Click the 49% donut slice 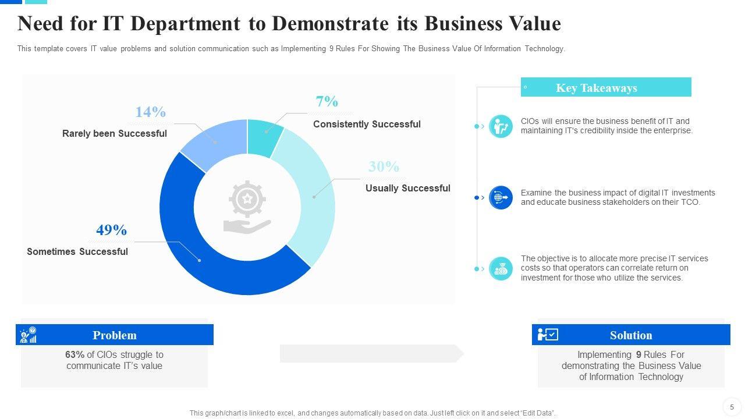point(198,256)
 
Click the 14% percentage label point(150,112)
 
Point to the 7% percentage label point(327,102)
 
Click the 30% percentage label point(384,167)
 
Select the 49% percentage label point(111,230)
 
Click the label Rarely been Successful point(115,134)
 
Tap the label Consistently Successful point(367,124)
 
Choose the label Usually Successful point(407,189)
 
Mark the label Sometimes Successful point(77,252)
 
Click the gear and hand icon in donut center point(247,207)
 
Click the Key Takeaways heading point(597,88)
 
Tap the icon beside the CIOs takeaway point(501,126)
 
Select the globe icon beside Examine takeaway point(501,198)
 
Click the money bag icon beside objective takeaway point(501,269)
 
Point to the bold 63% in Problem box point(75,355)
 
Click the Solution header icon point(548,335)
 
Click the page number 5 point(732,407)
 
